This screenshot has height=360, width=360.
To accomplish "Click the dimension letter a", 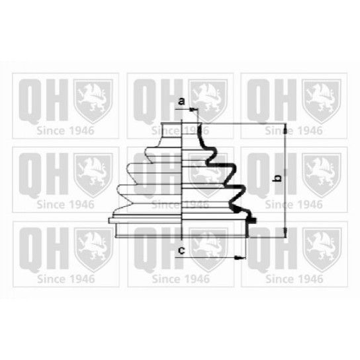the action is pyautogui.click(x=181, y=101).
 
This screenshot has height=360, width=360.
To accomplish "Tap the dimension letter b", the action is pyautogui.click(x=277, y=178).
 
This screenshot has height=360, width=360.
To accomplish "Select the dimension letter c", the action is pyautogui.click(x=181, y=250).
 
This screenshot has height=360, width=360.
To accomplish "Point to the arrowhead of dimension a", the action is pyautogui.click(x=193, y=110).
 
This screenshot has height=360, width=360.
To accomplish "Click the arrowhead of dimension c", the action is pyautogui.click(x=240, y=257).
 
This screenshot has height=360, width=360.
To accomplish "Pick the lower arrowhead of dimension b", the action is pyautogui.click(x=285, y=232).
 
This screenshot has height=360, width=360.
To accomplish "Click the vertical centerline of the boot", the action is pyautogui.click(x=181, y=179).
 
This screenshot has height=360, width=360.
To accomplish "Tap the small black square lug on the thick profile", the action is pyautogui.click(x=253, y=221).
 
